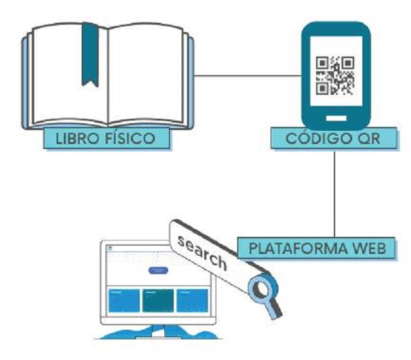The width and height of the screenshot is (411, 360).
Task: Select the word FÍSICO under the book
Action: [x=131, y=138]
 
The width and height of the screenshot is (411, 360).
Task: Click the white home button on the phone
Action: [x=335, y=118]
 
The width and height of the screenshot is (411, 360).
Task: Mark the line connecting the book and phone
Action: [x=247, y=77]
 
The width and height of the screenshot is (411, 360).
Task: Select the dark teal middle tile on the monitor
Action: [x=157, y=301]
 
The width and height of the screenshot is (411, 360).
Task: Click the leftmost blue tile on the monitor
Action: [x=124, y=301]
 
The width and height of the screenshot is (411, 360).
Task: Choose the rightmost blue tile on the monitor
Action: [x=192, y=301]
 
